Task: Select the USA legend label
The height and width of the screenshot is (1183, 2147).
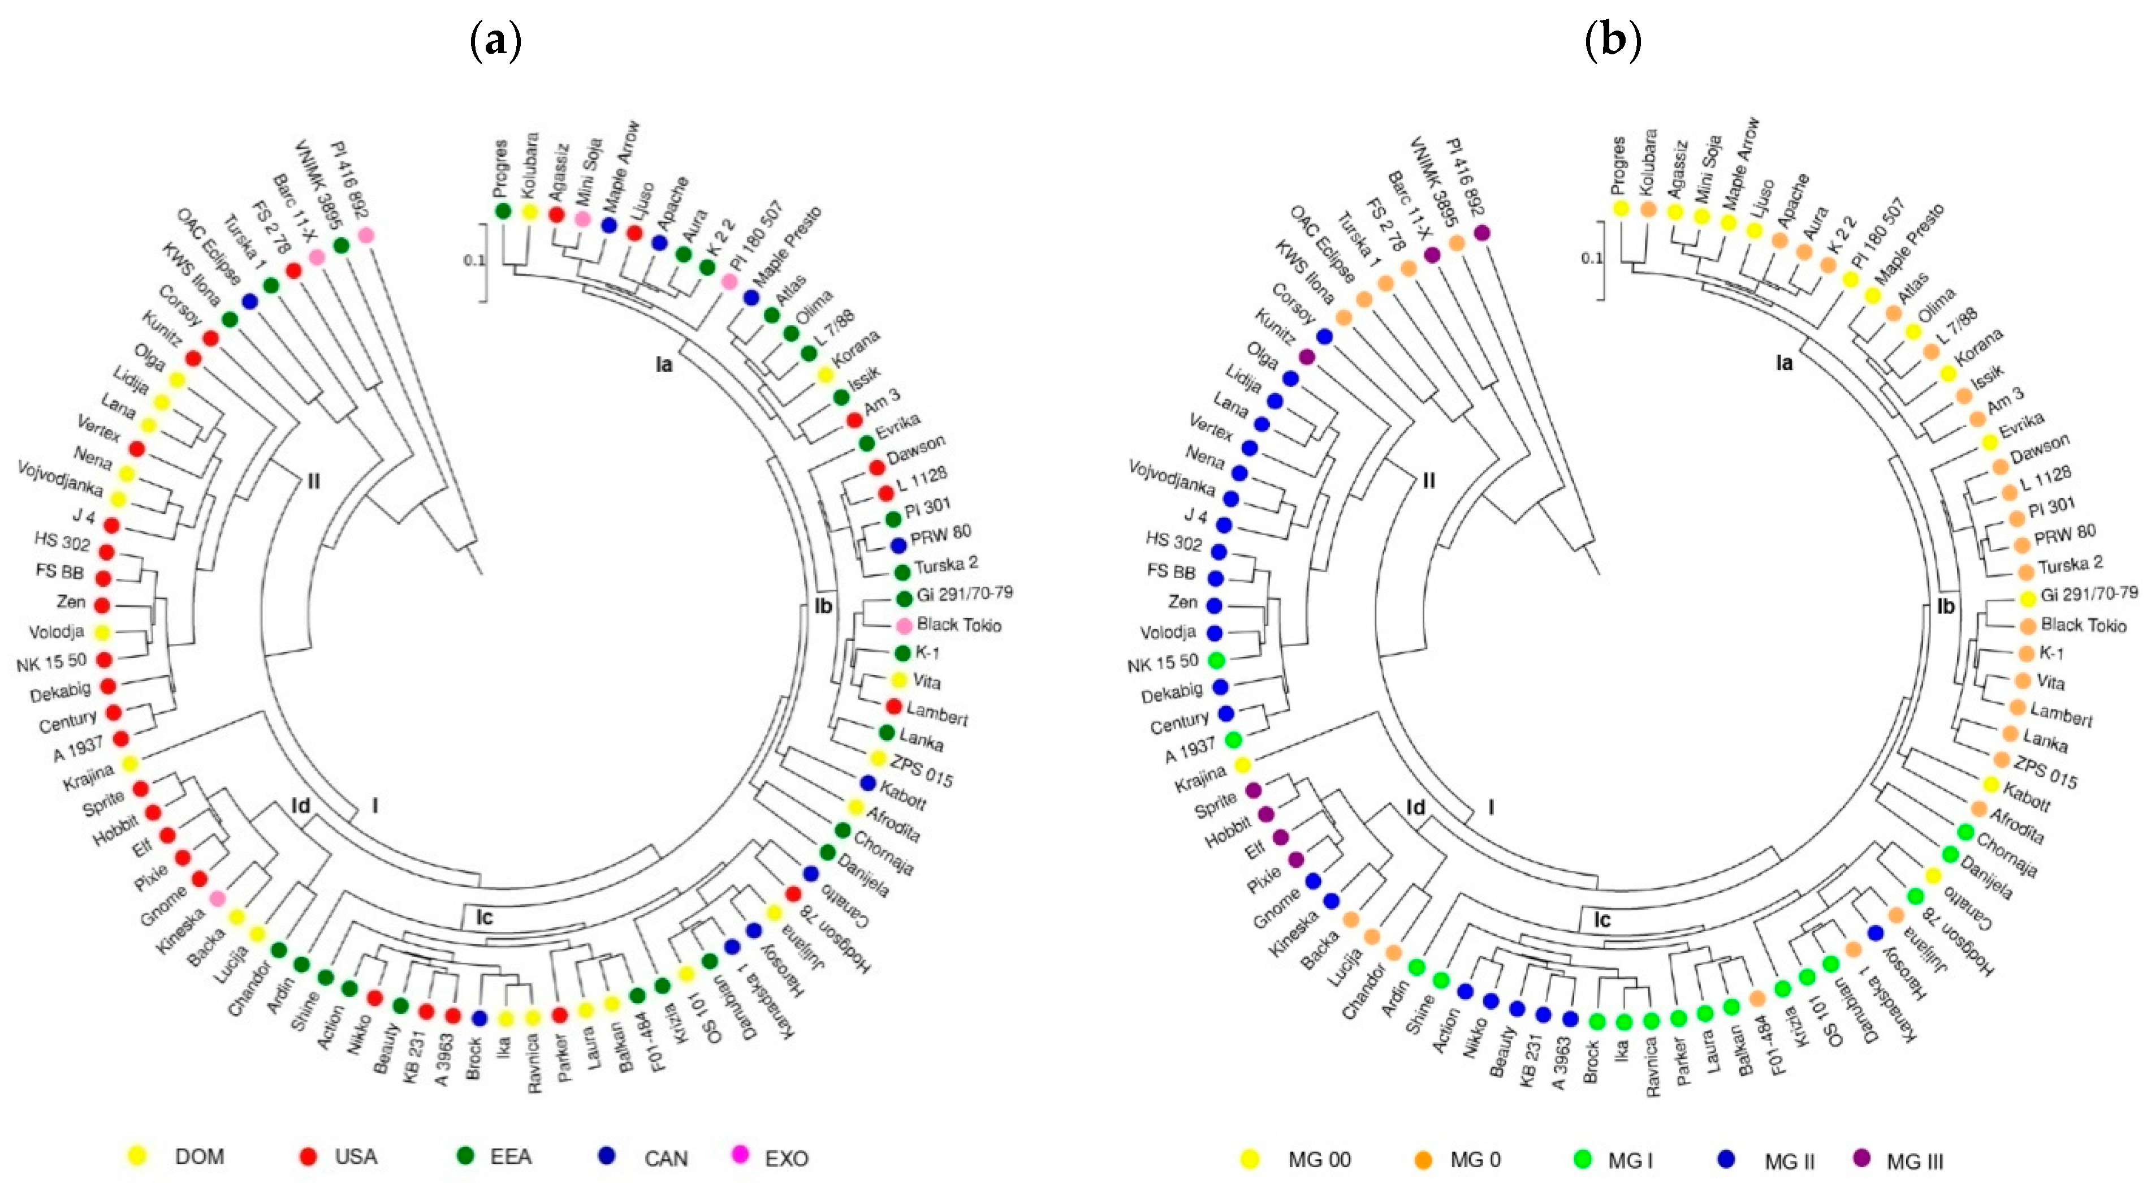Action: tap(356, 1156)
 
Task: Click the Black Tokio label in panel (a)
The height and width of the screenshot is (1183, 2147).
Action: tap(958, 625)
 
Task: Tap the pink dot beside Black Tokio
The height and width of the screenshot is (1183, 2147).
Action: tap(904, 625)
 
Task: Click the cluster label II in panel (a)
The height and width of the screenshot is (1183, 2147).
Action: tap(313, 481)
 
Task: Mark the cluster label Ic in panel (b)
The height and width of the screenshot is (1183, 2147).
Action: tap(1602, 919)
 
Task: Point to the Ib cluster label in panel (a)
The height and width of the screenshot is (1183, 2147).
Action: tap(823, 606)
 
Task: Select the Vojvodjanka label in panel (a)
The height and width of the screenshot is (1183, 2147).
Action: tap(60, 477)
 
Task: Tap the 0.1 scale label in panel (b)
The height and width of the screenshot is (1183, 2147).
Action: tap(1591, 257)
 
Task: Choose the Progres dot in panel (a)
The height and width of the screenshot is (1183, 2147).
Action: tap(503, 211)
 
